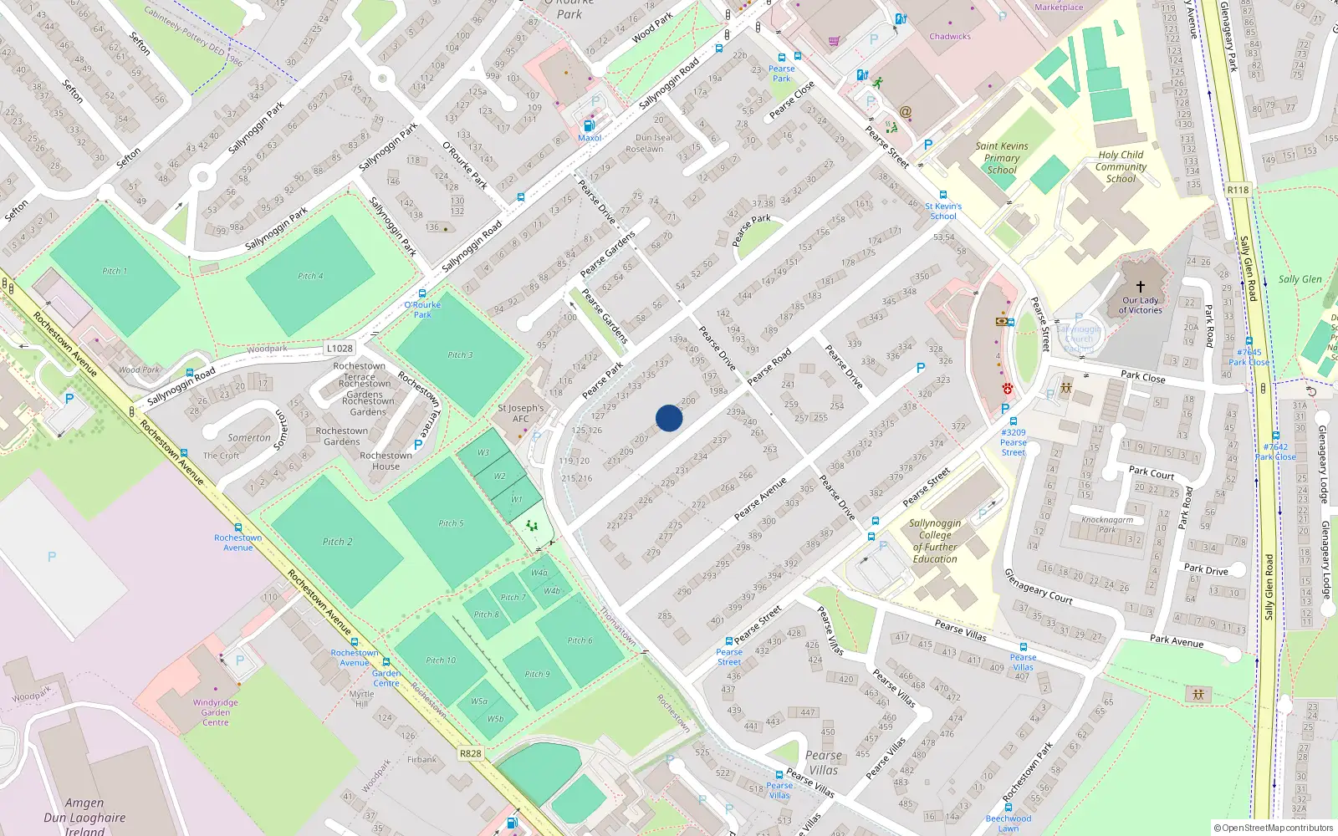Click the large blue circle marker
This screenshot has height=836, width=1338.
click(669, 418)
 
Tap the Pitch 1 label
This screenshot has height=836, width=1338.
click(115, 271)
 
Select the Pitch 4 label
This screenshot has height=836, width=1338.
click(310, 276)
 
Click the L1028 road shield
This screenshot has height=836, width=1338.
click(340, 349)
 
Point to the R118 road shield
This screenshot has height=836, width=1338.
click(1238, 190)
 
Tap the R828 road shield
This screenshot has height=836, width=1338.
click(471, 753)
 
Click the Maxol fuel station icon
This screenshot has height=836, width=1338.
click(590, 126)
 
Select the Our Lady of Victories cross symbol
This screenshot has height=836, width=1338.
click(1140, 286)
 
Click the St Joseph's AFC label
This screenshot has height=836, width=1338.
click(520, 414)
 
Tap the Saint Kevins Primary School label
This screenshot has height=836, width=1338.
click(1002, 157)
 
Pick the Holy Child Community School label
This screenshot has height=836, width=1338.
click(1121, 166)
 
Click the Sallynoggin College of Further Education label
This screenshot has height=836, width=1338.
click(935, 541)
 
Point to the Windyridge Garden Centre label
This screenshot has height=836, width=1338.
click(215, 712)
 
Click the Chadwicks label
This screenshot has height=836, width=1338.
click(950, 37)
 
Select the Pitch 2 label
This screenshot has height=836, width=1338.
click(337, 542)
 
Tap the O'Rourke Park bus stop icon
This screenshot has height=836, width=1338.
click(422, 293)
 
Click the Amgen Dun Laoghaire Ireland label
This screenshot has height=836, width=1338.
click(84, 817)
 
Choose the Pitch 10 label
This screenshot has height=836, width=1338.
click(441, 660)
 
